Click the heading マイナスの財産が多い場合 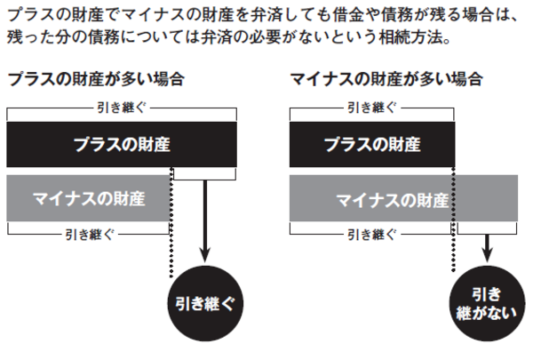[386, 79]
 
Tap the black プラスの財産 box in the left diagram [122, 143]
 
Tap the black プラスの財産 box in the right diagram [371, 143]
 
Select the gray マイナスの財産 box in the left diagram [88, 198]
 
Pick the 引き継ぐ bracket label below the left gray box [88, 235]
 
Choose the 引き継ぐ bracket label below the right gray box [371, 235]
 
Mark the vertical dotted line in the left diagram [170, 258]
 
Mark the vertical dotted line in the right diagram [455, 258]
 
